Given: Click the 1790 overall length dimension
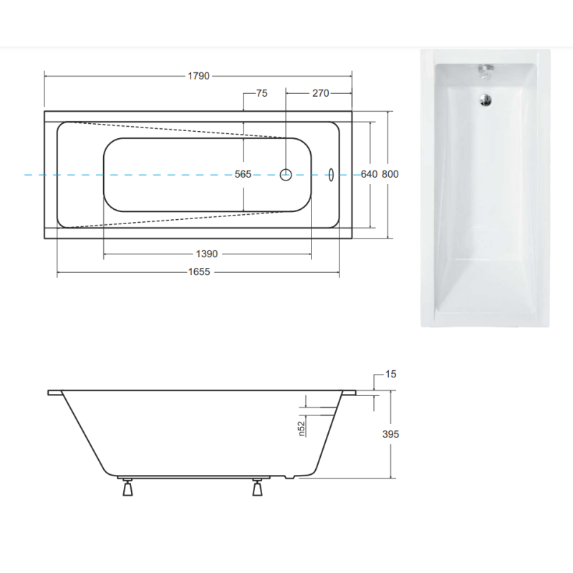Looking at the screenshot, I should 198,76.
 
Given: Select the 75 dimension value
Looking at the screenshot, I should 261,93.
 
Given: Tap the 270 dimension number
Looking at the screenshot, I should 319,93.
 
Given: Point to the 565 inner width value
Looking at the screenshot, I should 243,174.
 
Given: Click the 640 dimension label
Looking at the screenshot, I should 369,174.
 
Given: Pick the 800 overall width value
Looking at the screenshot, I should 390,174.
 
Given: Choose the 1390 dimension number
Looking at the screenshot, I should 206,254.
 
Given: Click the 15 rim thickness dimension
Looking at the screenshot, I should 390,374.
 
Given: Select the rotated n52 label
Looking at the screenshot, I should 302,428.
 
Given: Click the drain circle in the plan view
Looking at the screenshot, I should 286,174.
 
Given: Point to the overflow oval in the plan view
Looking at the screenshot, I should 331,174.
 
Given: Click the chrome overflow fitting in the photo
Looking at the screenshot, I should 486,70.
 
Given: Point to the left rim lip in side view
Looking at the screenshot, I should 55,393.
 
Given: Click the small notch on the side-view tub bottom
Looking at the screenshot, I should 288,476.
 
